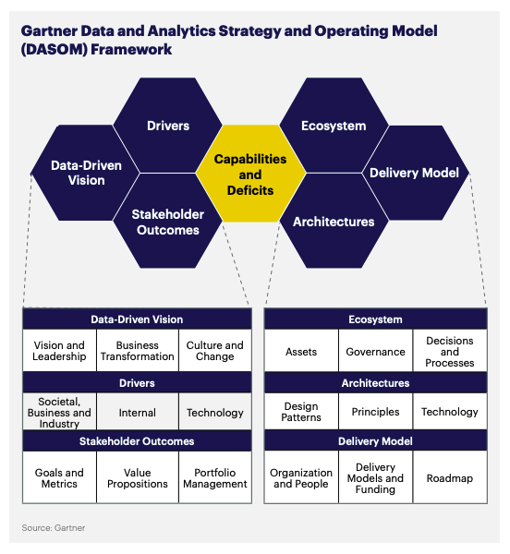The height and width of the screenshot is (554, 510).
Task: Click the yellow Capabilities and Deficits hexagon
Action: pyautogui.click(x=250, y=175)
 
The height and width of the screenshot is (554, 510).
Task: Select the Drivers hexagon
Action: pyautogui.click(x=168, y=126)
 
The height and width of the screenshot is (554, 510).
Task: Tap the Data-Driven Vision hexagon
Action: pyautogui.click(x=86, y=174)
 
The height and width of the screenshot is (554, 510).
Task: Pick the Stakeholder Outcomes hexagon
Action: pyautogui.click(x=168, y=223)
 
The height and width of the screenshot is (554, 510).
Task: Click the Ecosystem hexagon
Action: pyautogui.click(x=334, y=126)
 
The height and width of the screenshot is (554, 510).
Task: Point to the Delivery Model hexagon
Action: pyautogui.click(x=414, y=174)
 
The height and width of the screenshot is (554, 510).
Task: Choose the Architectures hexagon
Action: pyautogui.click(x=334, y=222)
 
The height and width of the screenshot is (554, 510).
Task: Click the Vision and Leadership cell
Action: pyautogui.click(x=59, y=351)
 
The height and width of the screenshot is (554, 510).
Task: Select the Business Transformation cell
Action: pyautogui.click(x=137, y=351)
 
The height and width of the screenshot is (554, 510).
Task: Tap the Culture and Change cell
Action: pyautogui.click(x=215, y=351)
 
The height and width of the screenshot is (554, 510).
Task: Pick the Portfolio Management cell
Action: pyautogui.click(x=215, y=477)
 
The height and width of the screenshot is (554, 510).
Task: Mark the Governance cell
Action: pyautogui.click(x=375, y=352)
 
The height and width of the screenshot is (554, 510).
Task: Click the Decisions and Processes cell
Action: pyautogui.click(x=450, y=352)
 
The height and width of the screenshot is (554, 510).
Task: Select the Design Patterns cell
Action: pyautogui.click(x=301, y=412)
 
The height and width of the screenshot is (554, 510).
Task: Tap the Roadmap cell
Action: pyautogui.click(x=450, y=478)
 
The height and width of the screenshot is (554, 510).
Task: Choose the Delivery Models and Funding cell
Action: pyautogui.click(x=375, y=478)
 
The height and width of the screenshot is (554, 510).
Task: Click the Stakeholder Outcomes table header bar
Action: pyautogui.click(x=137, y=440)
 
